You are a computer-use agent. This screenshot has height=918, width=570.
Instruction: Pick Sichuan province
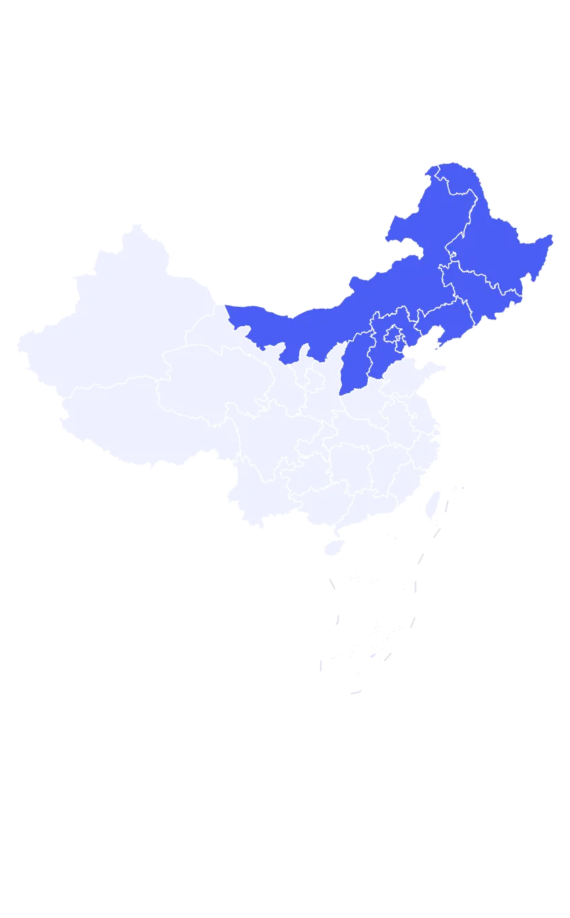[263, 438]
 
